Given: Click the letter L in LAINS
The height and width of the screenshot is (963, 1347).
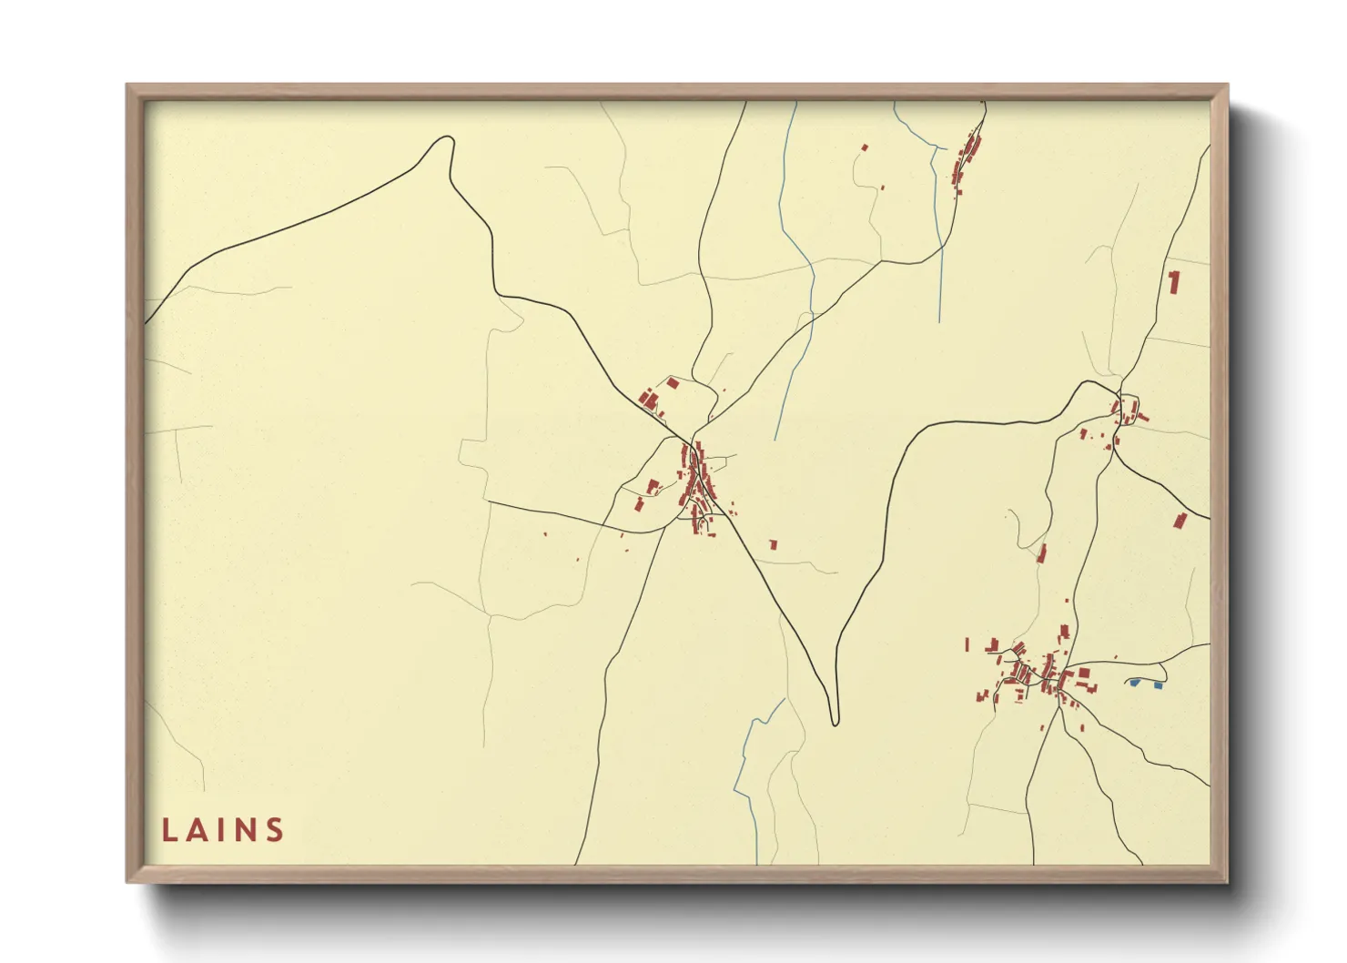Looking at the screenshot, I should click(x=169, y=830).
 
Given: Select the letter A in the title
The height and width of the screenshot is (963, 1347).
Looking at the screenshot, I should click(x=197, y=830).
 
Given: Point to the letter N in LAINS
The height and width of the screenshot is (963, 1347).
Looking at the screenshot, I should click(x=246, y=830).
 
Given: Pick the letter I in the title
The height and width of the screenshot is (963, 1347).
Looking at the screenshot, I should click(x=221, y=830).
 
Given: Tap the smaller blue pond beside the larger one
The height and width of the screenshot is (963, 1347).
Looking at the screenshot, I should click(x=1158, y=684).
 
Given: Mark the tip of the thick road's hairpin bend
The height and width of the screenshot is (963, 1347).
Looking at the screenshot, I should click(x=835, y=722).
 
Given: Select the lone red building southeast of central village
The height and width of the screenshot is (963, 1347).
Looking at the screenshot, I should click(x=774, y=544).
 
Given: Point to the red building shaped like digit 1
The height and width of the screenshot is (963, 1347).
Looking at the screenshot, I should click(x=1174, y=281).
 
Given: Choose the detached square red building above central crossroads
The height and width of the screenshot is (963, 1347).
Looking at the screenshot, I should click(x=673, y=383).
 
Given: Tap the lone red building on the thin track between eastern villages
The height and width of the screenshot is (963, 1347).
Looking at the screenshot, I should click(x=1042, y=552).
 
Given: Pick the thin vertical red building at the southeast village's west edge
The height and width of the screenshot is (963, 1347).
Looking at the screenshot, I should click(x=967, y=644).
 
